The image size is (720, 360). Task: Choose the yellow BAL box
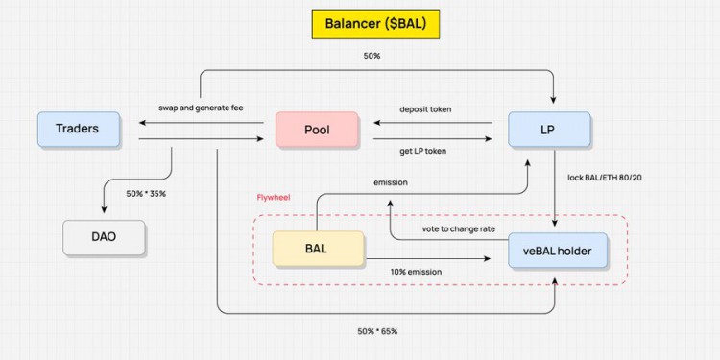[x=318, y=248]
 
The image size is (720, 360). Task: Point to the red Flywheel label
[x=274, y=198]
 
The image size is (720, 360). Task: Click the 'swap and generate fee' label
[x=202, y=108]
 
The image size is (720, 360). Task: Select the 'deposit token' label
[x=424, y=108]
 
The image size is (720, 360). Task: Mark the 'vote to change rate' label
[x=459, y=228]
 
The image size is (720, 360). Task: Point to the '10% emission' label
[x=416, y=272]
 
